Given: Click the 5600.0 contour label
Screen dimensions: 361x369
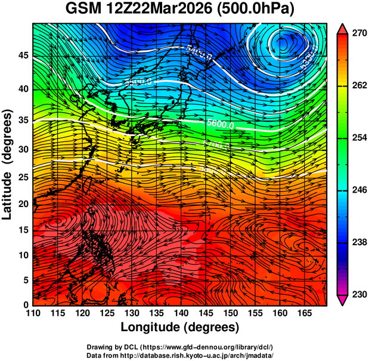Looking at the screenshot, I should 220,124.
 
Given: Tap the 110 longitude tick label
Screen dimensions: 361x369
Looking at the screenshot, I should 33,313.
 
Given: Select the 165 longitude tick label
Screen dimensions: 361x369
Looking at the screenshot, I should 303,313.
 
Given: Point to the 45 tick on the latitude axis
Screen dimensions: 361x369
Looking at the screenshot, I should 23,56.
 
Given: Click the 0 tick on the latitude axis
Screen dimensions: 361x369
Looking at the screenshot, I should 26,305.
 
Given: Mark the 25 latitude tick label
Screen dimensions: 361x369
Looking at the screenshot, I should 23,177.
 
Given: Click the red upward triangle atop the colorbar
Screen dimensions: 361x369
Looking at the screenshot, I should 343,28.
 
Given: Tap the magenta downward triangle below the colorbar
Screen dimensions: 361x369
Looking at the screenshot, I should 343,301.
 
